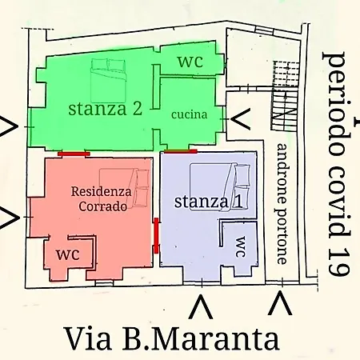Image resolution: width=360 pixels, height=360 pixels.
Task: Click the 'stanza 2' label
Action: pyautogui.click(x=105, y=109)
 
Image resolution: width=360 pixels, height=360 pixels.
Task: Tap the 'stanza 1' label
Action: pyautogui.click(x=208, y=202)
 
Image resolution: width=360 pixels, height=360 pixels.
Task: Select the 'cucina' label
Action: pyautogui.click(x=189, y=114)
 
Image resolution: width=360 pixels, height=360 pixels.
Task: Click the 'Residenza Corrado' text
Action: pyautogui.click(x=102, y=199)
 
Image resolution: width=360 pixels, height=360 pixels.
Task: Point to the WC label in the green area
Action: pyautogui.click(x=190, y=62)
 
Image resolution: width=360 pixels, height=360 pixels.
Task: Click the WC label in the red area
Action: pyautogui.click(x=68, y=254)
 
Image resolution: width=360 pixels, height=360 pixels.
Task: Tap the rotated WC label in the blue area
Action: pyautogui.click(x=241, y=247)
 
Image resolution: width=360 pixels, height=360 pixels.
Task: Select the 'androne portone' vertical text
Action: pyautogui.click(x=282, y=204)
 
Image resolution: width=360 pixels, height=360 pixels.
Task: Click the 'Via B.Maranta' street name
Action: pyautogui.click(x=172, y=338)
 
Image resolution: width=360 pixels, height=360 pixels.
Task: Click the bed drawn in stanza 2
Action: pyautogui.click(x=108, y=81)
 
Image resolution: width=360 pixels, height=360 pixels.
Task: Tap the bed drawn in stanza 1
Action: pyautogui.click(x=220, y=187)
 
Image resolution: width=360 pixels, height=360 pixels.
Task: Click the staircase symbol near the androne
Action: pyautogui.click(x=286, y=96)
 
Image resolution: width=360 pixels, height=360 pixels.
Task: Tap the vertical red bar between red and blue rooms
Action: pyautogui.click(x=156, y=235)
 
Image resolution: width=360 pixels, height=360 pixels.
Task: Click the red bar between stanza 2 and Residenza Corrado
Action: pyautogui.click(x=74, y=154)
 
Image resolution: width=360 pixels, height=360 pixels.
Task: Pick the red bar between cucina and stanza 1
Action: pyautogui.click(x=181, y=151)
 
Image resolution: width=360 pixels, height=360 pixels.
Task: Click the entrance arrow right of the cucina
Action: pyautogui.click(x=240, y=119)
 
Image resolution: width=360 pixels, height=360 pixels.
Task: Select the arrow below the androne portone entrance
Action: pyautogui.click(x=280, y=303)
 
